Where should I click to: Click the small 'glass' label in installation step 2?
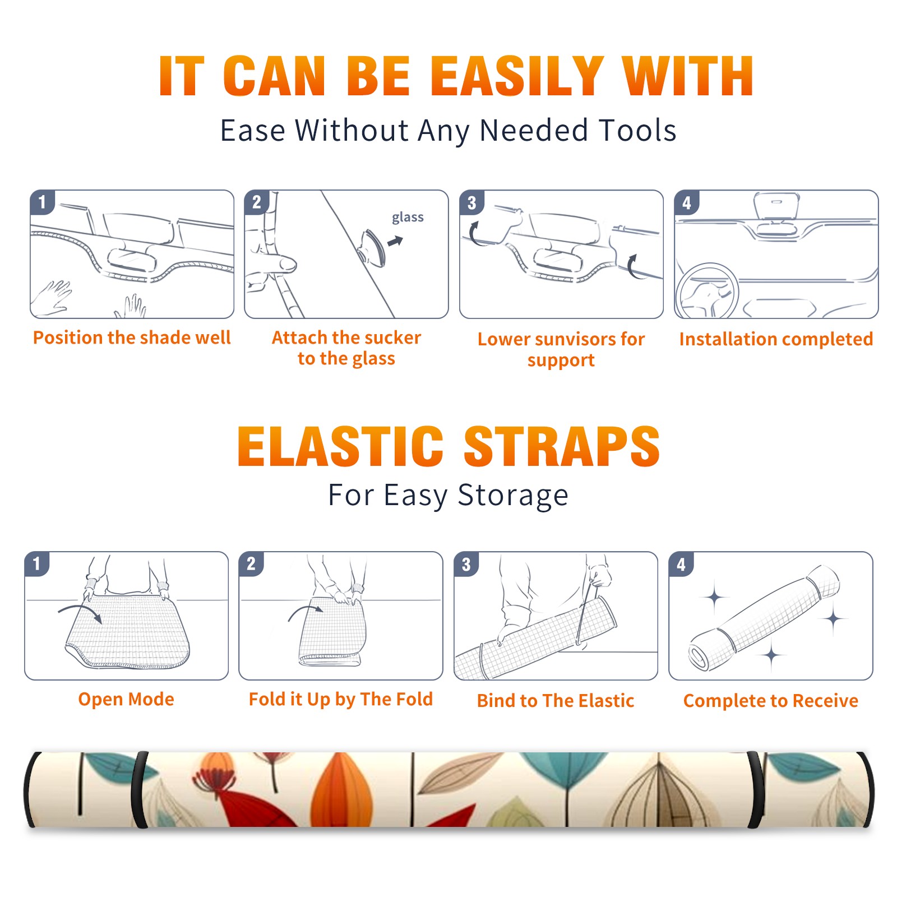(408, 218)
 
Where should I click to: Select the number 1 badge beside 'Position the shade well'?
(43, 202)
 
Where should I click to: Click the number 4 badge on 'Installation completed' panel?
(687, 202)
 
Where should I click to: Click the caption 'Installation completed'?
(776, 339)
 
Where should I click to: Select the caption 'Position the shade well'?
(132, 337)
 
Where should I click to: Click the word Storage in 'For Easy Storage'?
(513, 496)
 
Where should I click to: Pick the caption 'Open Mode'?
(126, 699)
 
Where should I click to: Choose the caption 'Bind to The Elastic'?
(556, 701)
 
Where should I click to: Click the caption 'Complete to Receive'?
(771, 701)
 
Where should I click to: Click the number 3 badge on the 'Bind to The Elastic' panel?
(466, 564)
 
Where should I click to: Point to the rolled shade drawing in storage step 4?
(764, 618)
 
